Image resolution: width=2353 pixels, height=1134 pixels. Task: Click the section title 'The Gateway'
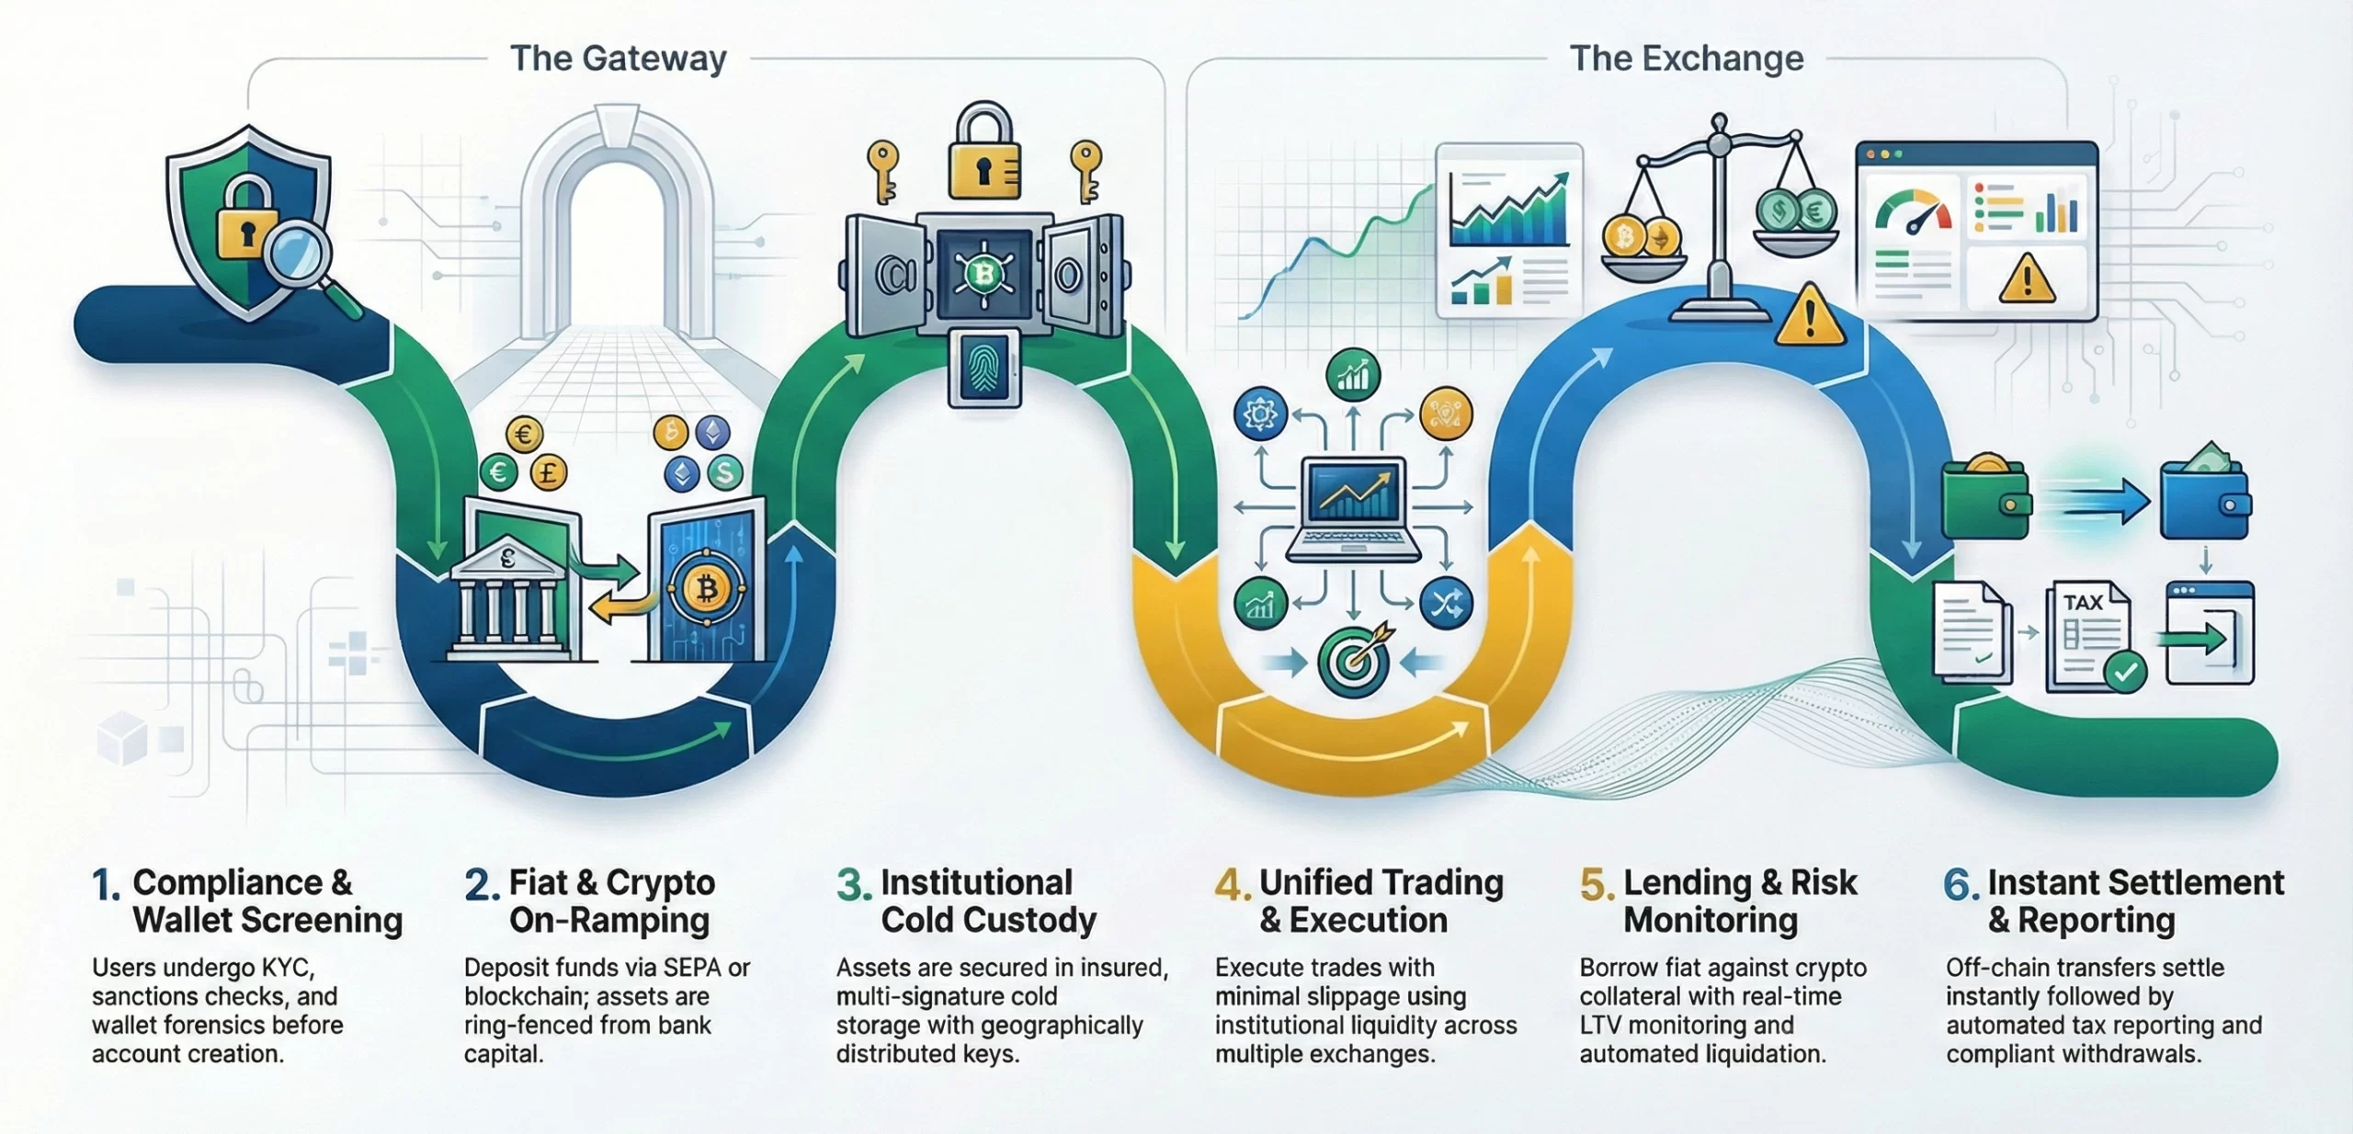(x=619, y=59)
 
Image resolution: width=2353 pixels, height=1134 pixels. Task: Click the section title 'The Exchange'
(x=1686, y=59)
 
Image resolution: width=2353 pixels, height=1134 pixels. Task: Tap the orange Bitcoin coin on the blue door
(x=706, y=589)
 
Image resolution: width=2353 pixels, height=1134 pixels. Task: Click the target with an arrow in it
(x=1353, y=660)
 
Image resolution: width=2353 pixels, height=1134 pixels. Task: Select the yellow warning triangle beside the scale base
(x=1810, y=317)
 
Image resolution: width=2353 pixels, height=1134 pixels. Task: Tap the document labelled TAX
(x=2087, y=636)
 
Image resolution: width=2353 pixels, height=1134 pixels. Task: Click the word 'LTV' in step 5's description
(x=1604, y=1025)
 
